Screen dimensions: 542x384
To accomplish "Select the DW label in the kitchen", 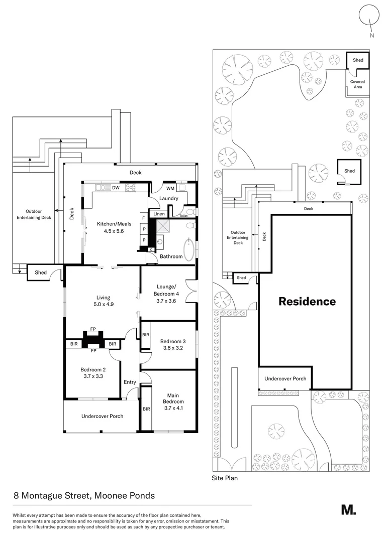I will (115, 188).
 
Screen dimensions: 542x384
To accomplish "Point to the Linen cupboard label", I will (159, 214).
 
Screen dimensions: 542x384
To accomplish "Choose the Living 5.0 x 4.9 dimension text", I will (103, 305).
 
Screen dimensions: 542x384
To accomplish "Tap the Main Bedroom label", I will (173, 398).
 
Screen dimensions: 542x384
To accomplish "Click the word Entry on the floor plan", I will (130, 382).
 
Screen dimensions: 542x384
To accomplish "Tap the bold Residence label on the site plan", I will (307, 302).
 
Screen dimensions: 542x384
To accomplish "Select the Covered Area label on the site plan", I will (357, 84).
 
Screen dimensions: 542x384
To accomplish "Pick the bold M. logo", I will (348, 509).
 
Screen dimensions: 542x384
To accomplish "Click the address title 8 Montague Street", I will (84, 496).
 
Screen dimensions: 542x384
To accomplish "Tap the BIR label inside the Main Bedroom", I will (146, 410).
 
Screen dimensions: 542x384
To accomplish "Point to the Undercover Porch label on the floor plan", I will (103, 416).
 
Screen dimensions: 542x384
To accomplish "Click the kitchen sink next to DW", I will (102, 188).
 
